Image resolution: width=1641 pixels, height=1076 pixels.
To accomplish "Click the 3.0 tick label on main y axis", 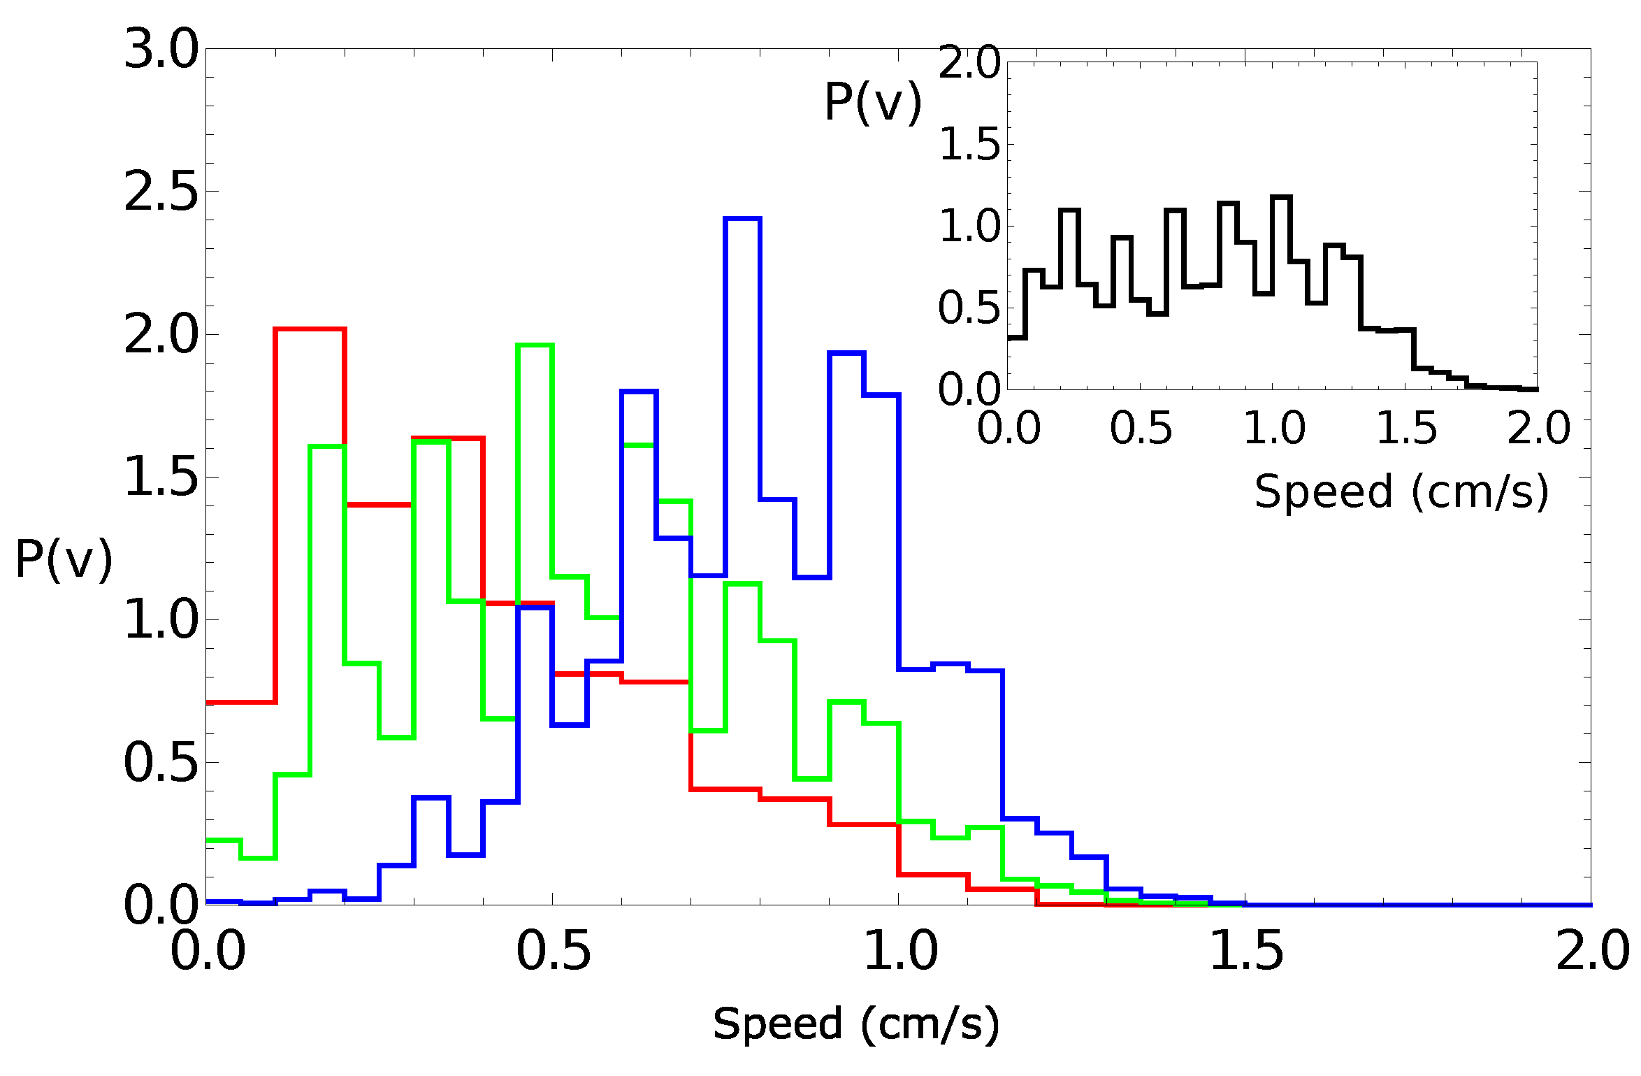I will (x=161, y=50).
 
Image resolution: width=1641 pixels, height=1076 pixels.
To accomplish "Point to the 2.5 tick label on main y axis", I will (x=161, y=192).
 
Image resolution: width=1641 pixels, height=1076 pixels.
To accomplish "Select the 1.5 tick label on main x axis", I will (x=1246, y=952).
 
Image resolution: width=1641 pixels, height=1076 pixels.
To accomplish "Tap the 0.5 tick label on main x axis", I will (x=553, y=952).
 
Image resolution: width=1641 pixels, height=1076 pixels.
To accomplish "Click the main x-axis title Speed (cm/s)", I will (x=856, y=1024).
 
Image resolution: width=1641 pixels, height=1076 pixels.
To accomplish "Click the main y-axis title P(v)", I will (x=64, y=559).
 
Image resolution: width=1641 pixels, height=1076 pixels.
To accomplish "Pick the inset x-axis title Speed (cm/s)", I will (x=1401, y=492).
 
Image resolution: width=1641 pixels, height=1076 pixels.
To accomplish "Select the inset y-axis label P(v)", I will (x=873, y=103).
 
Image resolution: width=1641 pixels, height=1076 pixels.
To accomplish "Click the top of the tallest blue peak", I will (x=742, y=219).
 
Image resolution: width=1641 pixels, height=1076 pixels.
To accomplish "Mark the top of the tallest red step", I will (x=310, y=329).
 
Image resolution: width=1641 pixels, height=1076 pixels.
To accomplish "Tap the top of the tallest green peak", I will (x=535, y=345).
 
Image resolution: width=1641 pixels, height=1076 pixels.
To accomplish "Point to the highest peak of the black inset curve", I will (x=1281, y=197).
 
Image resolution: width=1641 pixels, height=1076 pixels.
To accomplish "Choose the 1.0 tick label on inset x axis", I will (x=1273, y=429).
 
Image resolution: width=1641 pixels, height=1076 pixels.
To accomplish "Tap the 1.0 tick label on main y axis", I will (x=161, y=620).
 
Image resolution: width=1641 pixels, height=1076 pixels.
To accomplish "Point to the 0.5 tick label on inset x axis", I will (x=1141, y=429).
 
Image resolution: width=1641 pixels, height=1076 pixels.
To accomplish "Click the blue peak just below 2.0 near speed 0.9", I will (x=846, y=353).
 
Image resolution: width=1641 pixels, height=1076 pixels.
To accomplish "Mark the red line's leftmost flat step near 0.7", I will (x=240, y=702).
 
